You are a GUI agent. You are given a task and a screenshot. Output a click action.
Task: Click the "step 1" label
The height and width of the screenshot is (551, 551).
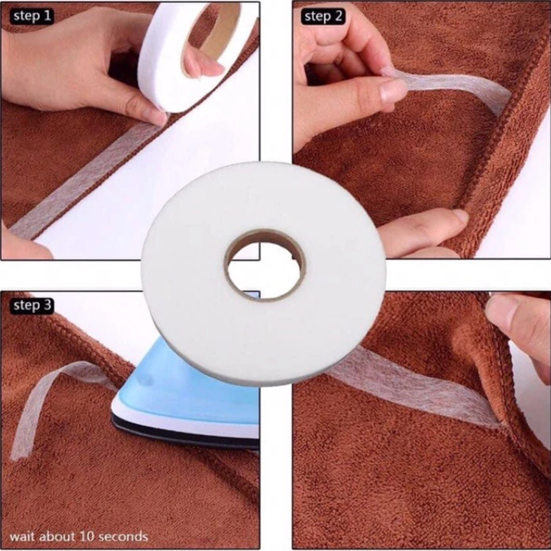click(x=32, y=16)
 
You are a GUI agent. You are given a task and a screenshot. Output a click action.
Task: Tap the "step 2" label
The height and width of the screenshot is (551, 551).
click(x=323, y=16)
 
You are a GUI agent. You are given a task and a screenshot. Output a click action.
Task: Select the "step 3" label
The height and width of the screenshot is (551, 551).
click(x=32, y=306)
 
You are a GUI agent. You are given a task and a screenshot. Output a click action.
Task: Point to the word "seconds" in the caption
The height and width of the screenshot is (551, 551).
click(x=123, y=537)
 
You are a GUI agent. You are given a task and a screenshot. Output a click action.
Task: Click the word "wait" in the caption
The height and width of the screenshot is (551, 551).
click(x=22, y=536)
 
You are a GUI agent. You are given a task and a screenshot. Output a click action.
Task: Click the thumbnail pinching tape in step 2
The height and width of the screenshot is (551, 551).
click(x=393, y=90)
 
